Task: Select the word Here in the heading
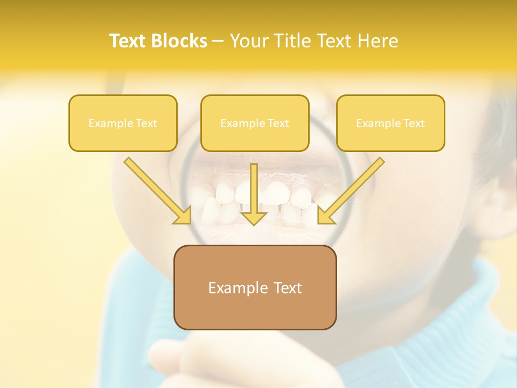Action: [x=378, y=41]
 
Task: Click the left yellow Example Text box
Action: [x=123, y=123]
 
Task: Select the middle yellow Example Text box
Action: [x=255, y=123]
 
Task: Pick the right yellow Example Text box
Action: [x=390, y=123]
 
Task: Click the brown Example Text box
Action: [x=255, y=287]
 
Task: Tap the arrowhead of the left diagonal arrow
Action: [x=184, y=216]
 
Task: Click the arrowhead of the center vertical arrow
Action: [x=254, y=217]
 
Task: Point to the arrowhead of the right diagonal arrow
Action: [x=325, y=216]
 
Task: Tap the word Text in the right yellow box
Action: [x=414, y=123]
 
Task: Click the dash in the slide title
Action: [x=219, y=41]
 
